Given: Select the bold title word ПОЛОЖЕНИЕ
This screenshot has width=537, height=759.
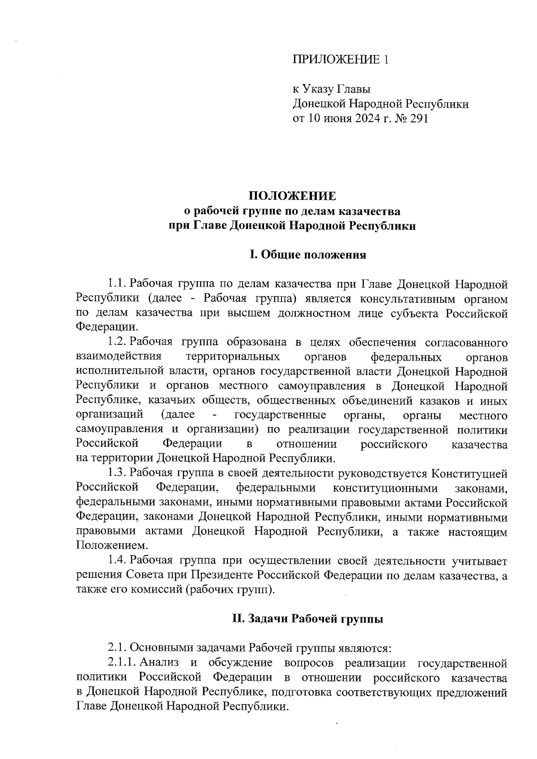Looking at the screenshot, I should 291,196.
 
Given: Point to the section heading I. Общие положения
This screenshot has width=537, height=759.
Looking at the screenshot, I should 308,255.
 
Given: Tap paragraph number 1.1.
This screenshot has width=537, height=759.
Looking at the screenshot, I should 116,284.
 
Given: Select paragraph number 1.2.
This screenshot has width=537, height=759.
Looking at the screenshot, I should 116,343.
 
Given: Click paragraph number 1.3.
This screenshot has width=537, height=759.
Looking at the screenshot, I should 116,473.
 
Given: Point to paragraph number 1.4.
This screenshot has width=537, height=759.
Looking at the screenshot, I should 116,560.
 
